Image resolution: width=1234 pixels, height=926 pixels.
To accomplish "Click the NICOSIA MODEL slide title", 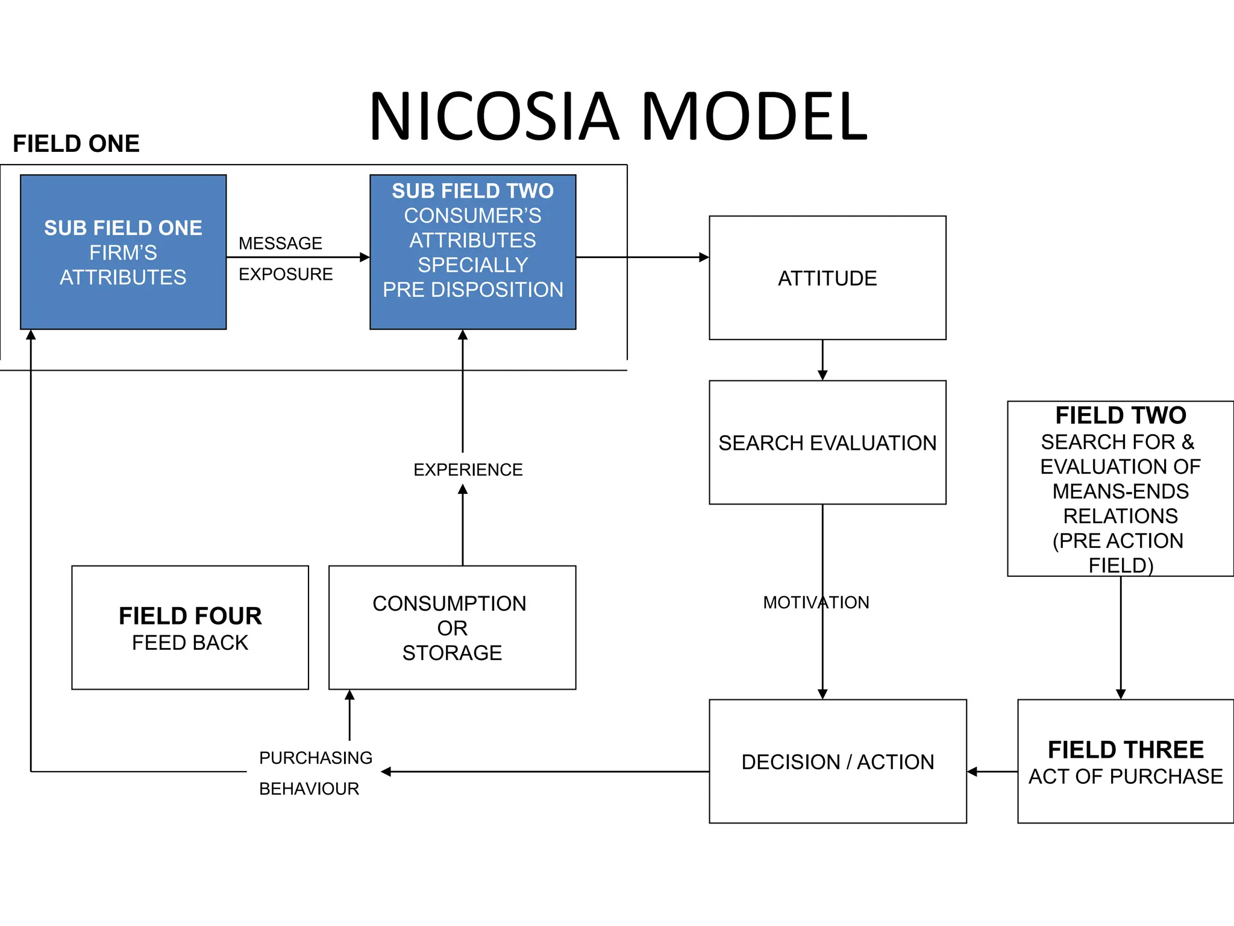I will [x=618, y=116].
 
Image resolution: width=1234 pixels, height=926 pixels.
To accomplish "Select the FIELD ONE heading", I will [x=76, y=144].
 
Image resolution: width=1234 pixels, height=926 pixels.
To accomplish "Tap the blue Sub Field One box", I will [x=123, y=252].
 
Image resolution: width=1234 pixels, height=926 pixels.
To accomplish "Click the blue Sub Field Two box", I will [x=472, y=252].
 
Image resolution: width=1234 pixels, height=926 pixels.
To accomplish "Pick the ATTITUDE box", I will [x=827, y=278].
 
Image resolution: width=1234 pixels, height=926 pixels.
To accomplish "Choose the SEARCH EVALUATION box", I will [x=827, y=443].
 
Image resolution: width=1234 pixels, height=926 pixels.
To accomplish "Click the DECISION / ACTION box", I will [x=838, y=761].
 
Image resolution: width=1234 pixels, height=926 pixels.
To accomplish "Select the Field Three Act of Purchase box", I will [x=1126, y=761].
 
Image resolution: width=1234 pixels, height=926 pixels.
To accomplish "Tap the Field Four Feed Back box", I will [x=190, y=628].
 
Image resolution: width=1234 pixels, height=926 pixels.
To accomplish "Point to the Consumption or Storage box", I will [x=452, y=628].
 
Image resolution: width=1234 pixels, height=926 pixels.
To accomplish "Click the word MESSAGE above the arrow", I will [x=280, y=244].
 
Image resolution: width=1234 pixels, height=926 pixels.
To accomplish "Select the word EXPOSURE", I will [x=286, y=274].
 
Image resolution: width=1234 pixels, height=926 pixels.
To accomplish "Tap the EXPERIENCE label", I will [x=468, y=470].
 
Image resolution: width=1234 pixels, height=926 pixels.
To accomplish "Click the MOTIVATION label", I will [x=816, y=602].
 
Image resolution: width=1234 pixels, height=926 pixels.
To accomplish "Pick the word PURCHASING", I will [x=316, y=758].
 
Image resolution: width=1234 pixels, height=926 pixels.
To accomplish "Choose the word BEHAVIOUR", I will [x=309, y=789].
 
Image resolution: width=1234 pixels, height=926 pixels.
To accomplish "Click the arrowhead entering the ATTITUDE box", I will [x=704, y=257].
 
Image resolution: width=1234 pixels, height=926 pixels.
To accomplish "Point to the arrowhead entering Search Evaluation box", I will [x=822, y=375].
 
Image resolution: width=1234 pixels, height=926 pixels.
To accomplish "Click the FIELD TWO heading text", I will [x=1121, y=415].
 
